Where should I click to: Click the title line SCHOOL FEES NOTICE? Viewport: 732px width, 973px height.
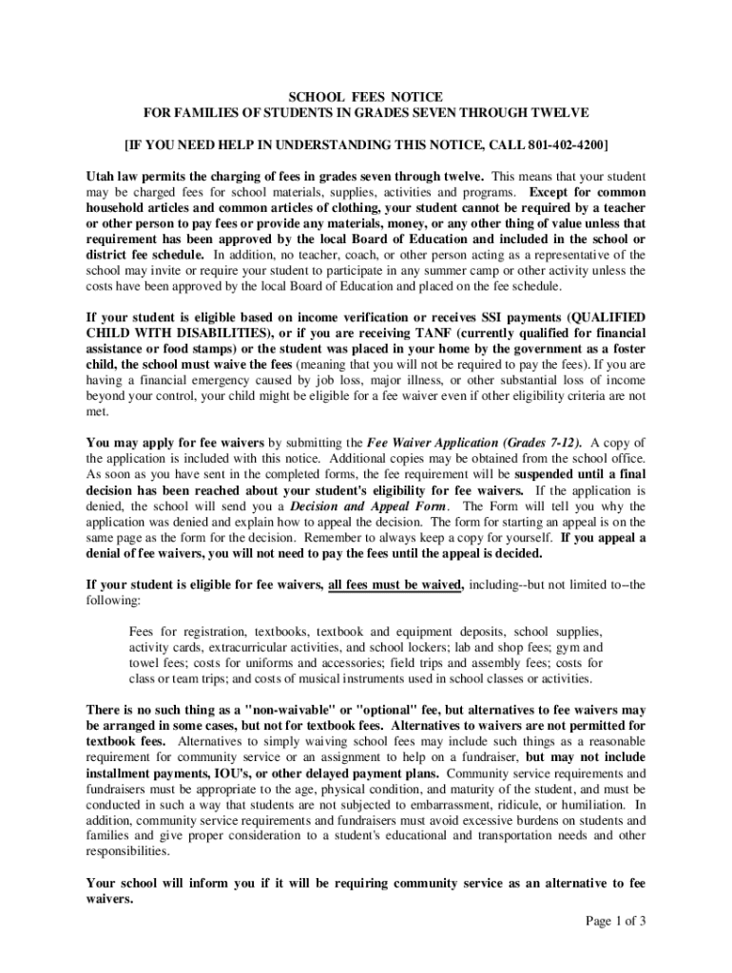[x=366, y=96]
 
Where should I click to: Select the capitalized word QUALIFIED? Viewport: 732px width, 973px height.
[x=607, y=317]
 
